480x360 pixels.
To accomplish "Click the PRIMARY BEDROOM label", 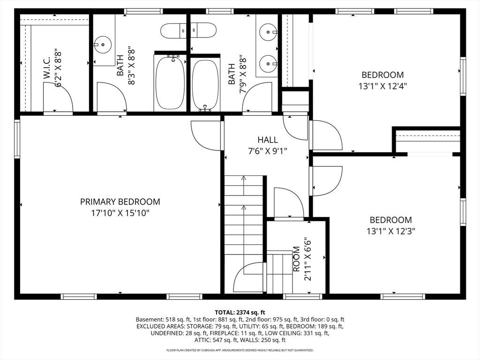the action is pos(120,202).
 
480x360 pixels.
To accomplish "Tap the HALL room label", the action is pos(268,140).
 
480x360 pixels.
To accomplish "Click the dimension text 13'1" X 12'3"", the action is pos(390,231).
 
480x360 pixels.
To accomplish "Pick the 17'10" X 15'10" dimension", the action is pos(120,213).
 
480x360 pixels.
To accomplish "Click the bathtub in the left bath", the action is pos(170,83).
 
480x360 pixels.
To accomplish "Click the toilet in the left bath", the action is pos(173,30).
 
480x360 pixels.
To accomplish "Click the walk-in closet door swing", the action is pos(58,97).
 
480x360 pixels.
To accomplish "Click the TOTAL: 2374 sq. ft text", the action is pos(240,313).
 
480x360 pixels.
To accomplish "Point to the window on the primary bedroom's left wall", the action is pos(17,139).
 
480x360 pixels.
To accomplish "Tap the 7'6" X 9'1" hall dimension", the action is pos(268,151).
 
